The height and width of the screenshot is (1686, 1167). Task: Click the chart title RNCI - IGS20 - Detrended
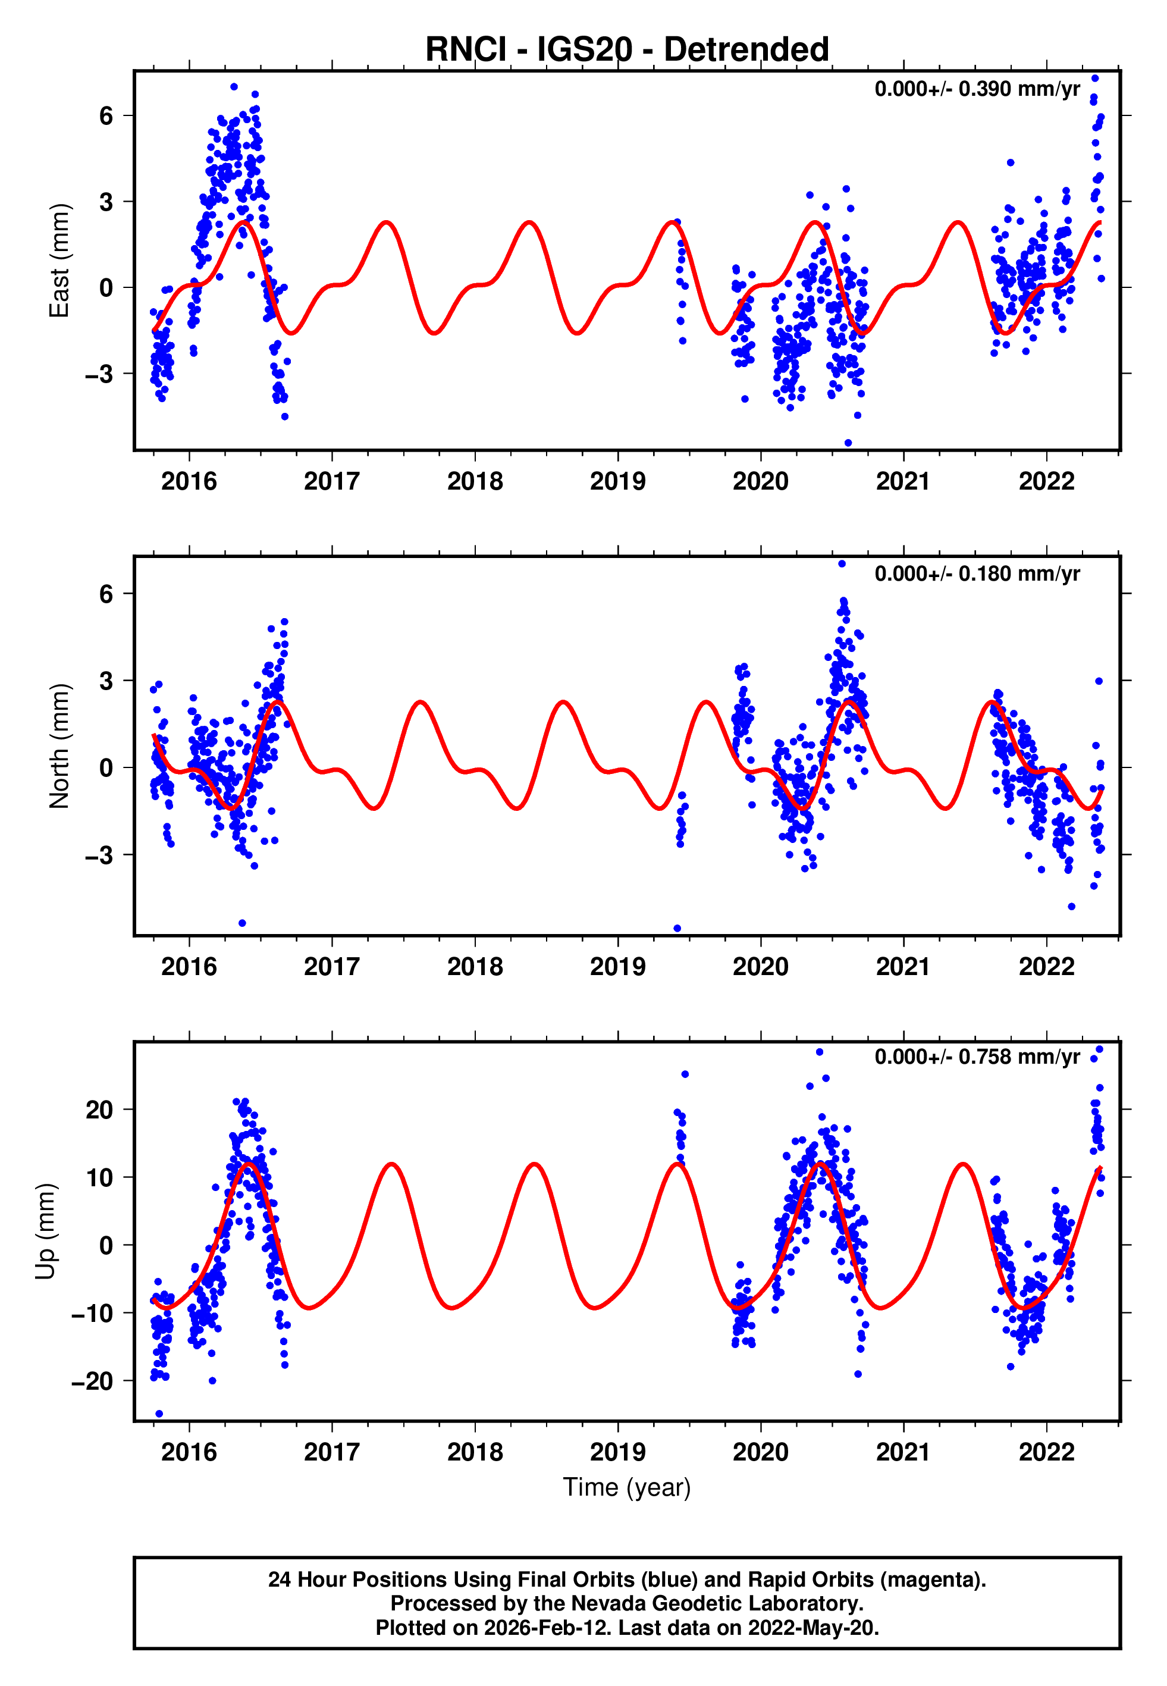coord(627,50)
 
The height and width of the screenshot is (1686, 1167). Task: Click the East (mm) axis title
coord(59,261)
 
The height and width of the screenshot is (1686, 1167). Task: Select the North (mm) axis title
coord(59,746)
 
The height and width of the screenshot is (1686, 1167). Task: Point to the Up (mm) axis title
coord(45,1231)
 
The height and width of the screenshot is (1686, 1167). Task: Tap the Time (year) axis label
coord(627,1488)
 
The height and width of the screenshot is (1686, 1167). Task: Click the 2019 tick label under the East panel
coord(618,482)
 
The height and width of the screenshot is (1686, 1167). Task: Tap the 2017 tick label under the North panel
coord(332,967)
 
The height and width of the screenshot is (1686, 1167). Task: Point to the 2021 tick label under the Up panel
coord(904,1452)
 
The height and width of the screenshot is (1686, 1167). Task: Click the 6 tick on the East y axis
coord(106,115)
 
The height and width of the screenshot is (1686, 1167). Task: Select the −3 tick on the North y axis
coord(99,855)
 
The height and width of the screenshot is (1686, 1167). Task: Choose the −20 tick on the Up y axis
coord(92,1381)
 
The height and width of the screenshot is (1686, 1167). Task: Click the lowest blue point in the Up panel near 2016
coord(159,1414)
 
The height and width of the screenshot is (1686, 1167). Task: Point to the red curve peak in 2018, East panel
coord(529,222)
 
